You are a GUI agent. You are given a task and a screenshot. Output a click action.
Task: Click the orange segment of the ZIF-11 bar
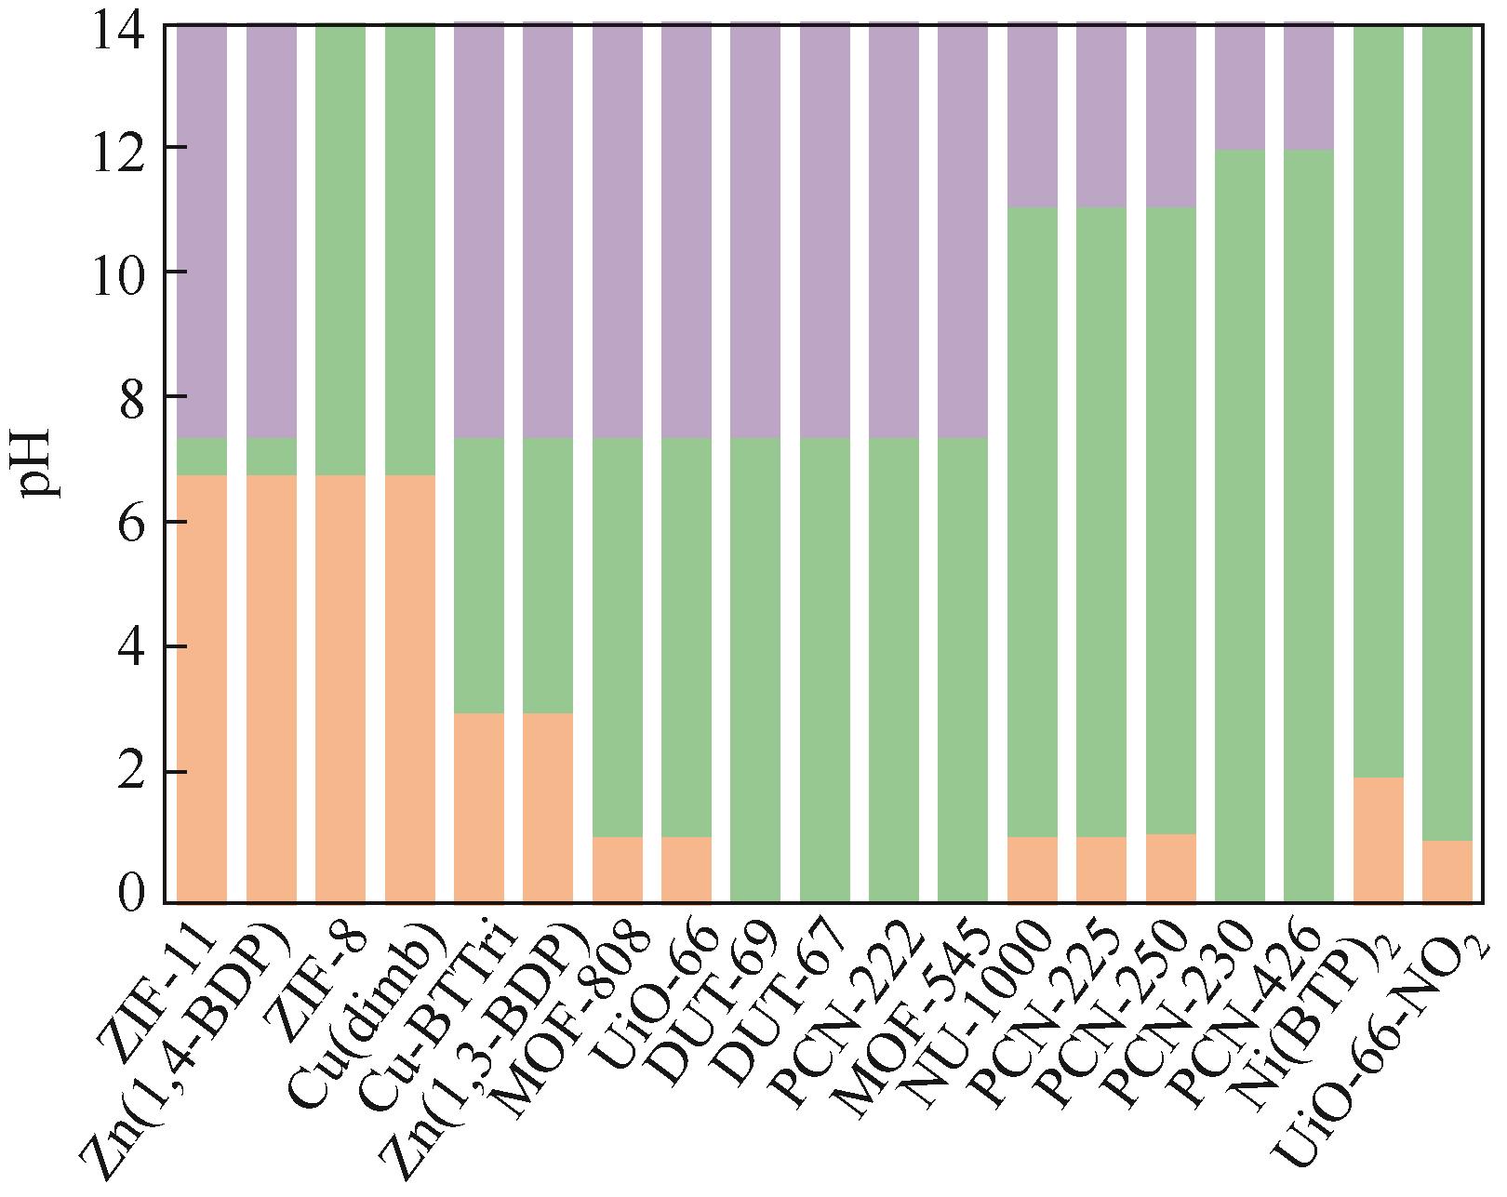coord(202,688)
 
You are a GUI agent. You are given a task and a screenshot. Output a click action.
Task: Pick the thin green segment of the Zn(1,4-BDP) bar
coord(272,456)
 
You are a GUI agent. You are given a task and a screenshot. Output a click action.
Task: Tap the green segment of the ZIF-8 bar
coord(340,251)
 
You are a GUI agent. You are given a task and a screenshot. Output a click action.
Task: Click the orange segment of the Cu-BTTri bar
coord(479,807)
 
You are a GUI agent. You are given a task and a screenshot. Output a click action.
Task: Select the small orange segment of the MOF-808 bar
coord(618,870)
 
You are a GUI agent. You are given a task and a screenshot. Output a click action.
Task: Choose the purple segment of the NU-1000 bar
coord(1033,116)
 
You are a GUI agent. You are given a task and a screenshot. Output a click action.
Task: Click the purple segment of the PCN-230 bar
coord(1240,86)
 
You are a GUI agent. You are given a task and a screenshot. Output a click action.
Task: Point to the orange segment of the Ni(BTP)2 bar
coord(1379,839)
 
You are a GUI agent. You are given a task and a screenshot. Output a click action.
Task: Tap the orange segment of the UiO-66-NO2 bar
coord(1447,871)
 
